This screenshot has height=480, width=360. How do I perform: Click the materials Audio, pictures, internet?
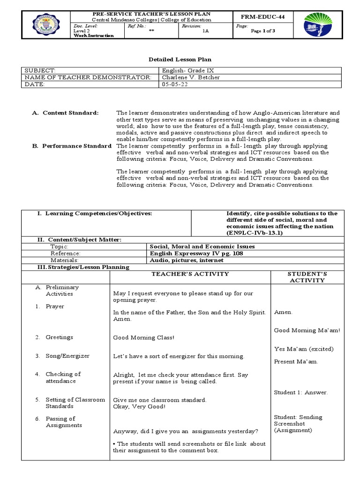[186, 260]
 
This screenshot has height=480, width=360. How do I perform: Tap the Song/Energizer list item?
[67, 356]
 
